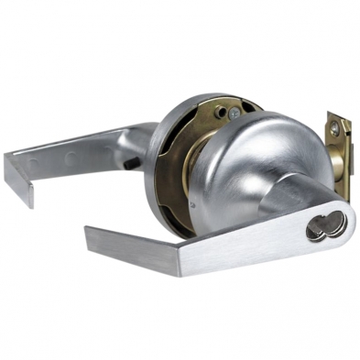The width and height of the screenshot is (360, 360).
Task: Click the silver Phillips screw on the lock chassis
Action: tap(235, 113)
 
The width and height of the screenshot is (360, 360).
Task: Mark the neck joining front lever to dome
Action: tap(293, 194)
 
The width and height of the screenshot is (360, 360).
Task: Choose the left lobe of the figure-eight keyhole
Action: tap(317, 225)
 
